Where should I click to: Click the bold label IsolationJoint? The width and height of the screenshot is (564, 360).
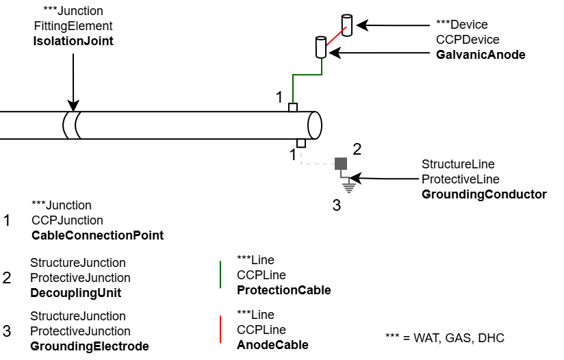click(x=73, y=41)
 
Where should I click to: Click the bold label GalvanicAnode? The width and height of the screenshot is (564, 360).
click(x=480, y=55)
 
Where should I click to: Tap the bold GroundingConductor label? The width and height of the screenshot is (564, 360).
click(x=484, y=194)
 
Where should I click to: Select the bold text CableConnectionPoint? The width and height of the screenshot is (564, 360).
click(x=97, y=235)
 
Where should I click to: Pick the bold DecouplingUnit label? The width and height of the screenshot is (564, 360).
click(x=75, y=293)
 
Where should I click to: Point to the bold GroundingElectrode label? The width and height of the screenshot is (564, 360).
click(x=89, y=346)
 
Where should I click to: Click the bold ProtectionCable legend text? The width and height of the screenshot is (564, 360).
click(x=283, y=290)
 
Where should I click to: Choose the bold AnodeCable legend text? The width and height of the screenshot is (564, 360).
click(x=272, y=345)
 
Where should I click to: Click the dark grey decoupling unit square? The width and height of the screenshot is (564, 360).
click(x=340, y=164)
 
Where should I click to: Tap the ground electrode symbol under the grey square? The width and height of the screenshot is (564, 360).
click(x=348, y=183)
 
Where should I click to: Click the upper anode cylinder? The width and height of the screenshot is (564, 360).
click(x=347, y=25)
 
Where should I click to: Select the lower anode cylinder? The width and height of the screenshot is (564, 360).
click(x=320, y=47)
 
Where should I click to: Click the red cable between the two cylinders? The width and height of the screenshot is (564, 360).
click(x=334, y=37)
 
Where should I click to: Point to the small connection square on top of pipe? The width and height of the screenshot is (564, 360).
click(x=293, y=107)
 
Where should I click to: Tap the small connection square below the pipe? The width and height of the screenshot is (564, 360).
click(x=301, y=143)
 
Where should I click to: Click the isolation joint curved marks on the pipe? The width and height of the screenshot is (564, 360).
click(x=72, y=125)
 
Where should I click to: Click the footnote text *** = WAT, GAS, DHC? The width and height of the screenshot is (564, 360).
click(x=445, y=338)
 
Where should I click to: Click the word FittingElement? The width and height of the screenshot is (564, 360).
click(x=73, y=26)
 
